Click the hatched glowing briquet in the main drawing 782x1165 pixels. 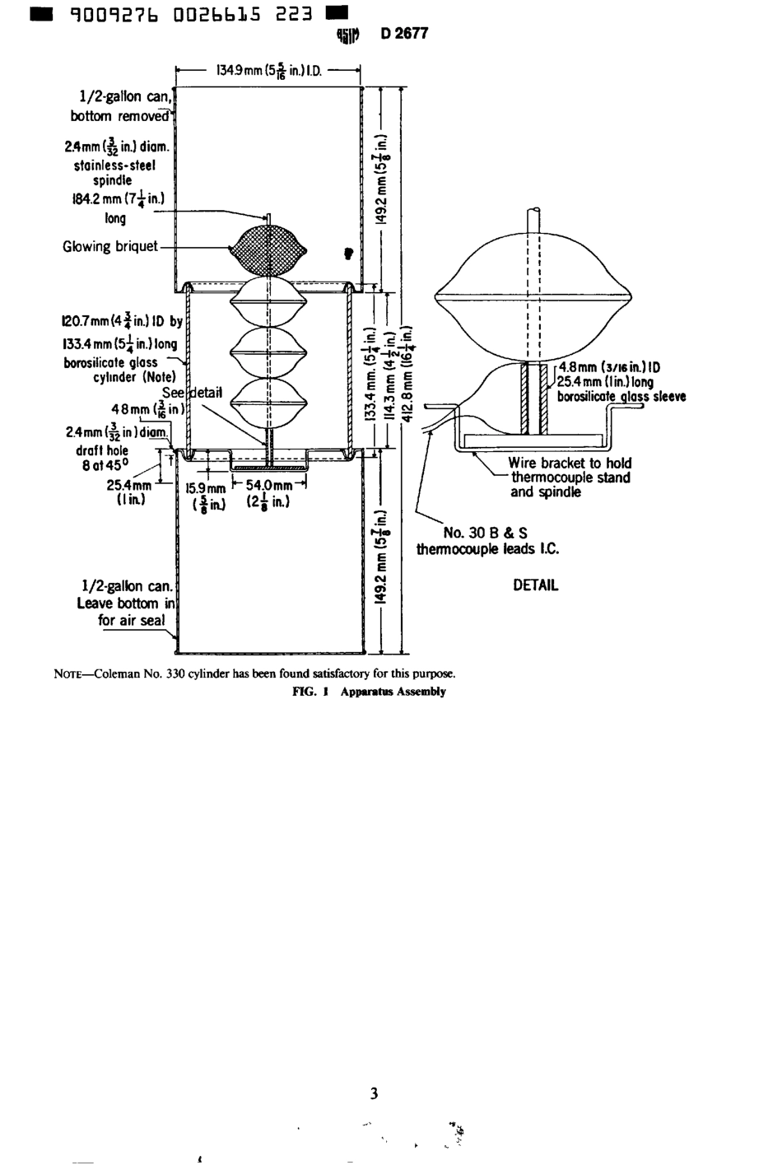269,248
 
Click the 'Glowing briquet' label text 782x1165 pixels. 109,246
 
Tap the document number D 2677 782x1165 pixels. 404,34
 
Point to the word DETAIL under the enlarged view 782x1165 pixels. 535,585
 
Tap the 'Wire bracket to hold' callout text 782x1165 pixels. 570,463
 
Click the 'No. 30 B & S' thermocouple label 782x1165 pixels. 486,533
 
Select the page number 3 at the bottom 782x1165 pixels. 375,1093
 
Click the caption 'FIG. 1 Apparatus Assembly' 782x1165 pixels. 370,692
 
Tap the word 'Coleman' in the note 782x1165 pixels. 118,673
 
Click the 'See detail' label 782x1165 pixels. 193,393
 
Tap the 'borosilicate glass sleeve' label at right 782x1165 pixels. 621,396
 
